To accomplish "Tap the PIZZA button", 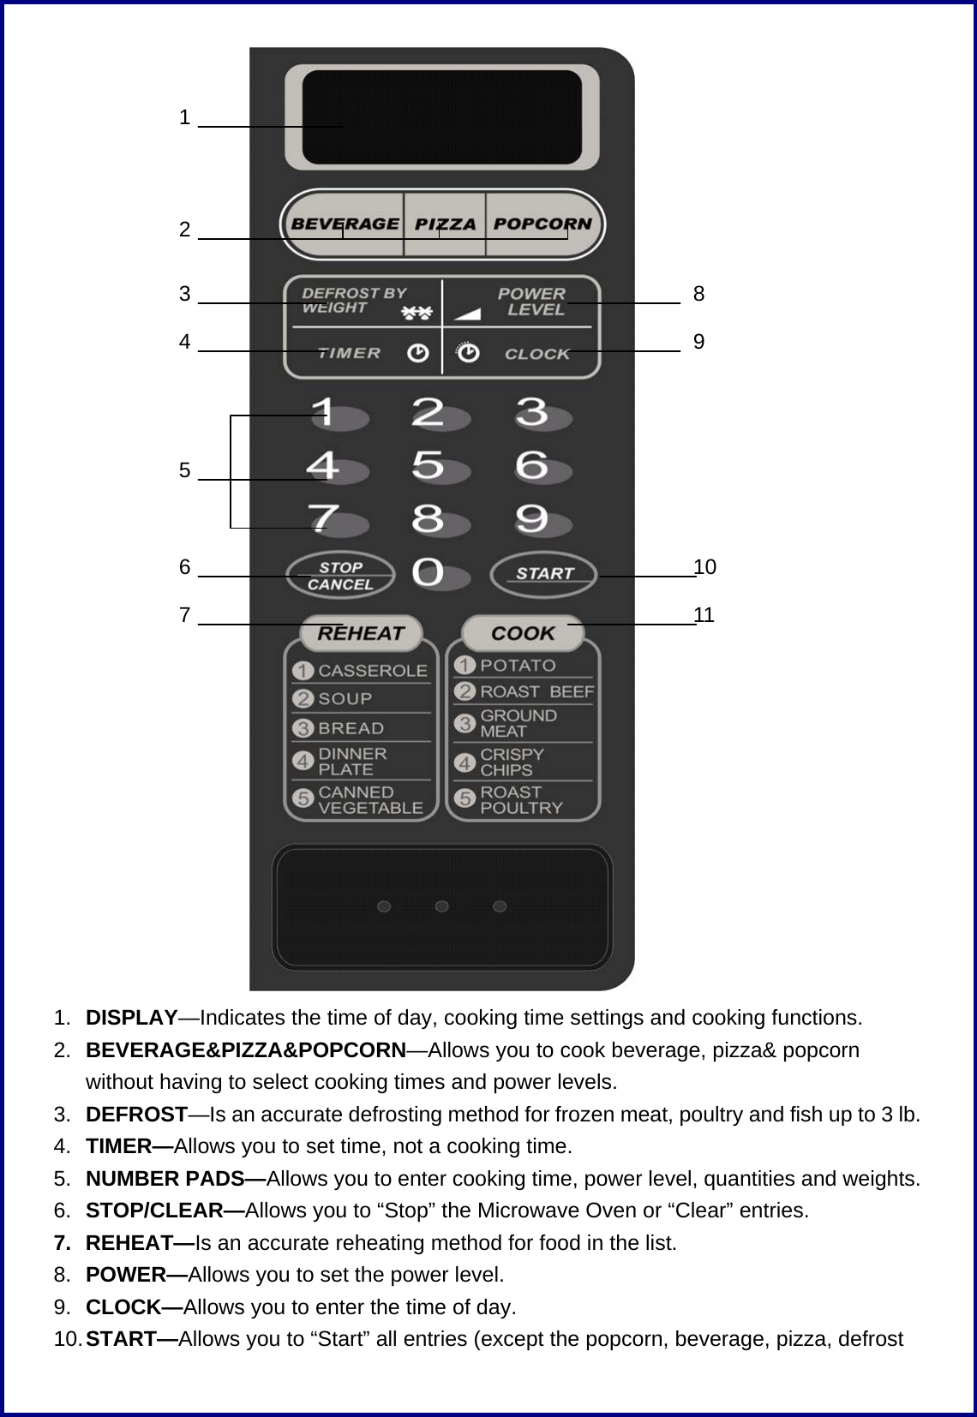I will click(x=445, y=224).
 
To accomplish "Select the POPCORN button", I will click(x=542, y=224).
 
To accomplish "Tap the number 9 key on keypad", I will click(x=532, y=519).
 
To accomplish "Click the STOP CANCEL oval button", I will click(x=340, y=576).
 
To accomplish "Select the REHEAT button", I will click(x=361, y=634).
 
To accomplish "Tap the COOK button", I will click(x=523, y=634).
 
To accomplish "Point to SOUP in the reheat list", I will click(x=345, y=699).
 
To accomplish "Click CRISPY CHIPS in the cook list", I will click(x=512, y=762).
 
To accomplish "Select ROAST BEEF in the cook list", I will click(x=536, y=691).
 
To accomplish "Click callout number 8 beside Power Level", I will click(x=699, y=294).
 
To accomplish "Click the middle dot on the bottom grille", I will click(x=442, y=906).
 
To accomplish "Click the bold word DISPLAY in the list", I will click(x=132, y=1018).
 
